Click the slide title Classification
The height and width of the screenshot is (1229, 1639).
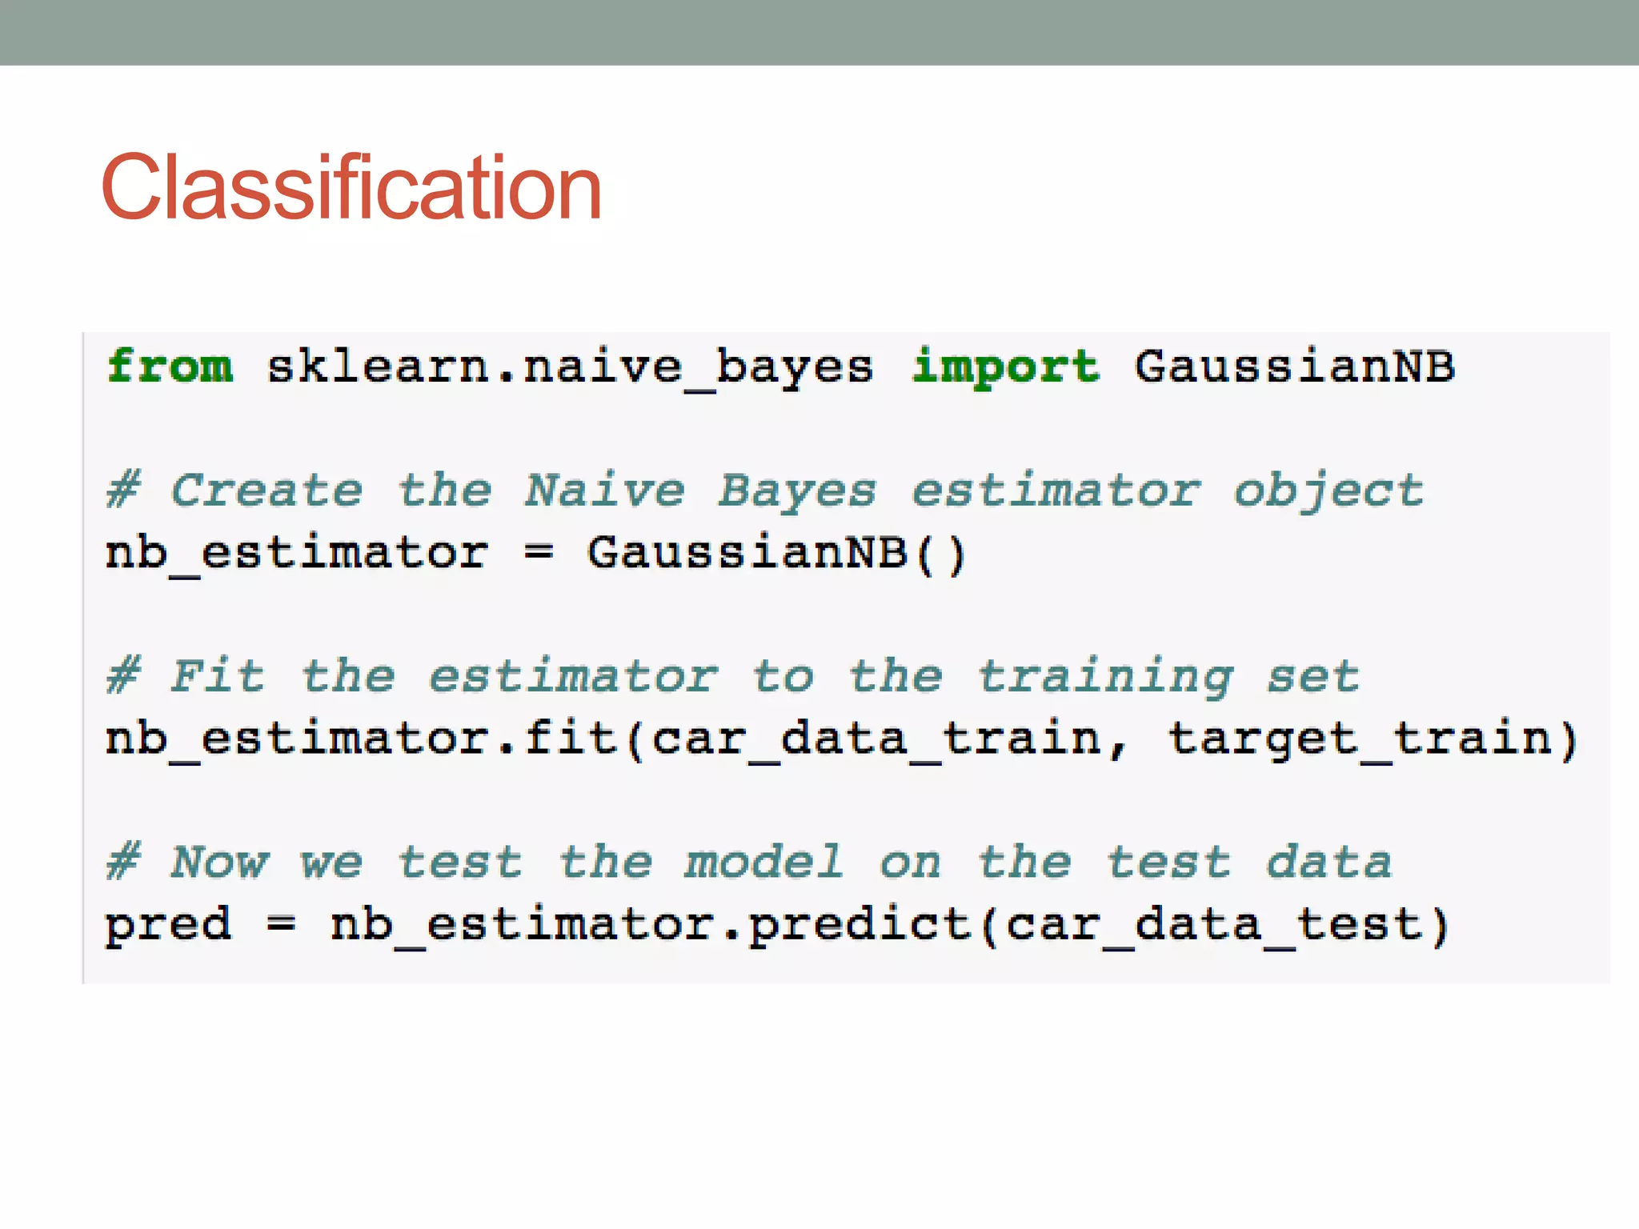351,188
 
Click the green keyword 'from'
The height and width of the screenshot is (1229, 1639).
170,367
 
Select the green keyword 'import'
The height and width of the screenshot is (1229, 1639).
1006,367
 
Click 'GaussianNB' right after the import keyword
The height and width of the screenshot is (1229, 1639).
1294,367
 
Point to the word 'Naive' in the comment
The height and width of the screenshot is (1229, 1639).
604,490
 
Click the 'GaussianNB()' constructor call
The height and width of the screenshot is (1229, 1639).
776,553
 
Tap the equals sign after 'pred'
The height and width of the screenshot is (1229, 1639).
281,926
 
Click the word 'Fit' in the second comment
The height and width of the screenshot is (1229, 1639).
217,676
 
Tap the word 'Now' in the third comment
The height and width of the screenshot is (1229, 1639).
219,863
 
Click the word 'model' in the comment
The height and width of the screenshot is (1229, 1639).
763,863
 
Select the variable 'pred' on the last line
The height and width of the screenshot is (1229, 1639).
169,926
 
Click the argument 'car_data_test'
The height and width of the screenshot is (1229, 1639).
1214,926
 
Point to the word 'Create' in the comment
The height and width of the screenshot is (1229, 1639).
266,490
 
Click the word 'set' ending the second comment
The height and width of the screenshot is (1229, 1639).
1312,677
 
